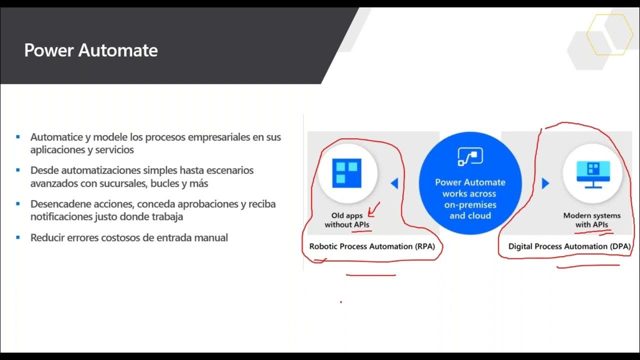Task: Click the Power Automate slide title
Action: pos(91,50)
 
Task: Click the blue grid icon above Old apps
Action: pos(347,172)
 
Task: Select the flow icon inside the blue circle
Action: pos(470,156)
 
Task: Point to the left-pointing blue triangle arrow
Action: pos(394,183)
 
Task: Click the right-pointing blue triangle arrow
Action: pos(545,183)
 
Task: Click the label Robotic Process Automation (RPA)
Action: pos(372,246)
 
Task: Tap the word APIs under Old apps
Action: pos(361,225)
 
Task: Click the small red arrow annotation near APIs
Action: pos(373,209)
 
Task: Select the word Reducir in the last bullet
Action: pos(46,238)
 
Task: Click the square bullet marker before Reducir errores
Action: pos(18,237)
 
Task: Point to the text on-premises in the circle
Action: pos(470,205)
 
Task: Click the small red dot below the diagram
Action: pos(341,302)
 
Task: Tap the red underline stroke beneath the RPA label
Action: pos(371,274)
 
